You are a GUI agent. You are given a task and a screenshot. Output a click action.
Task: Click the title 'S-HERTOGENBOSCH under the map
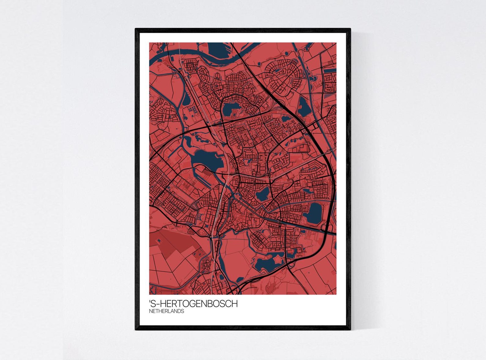[193, 304]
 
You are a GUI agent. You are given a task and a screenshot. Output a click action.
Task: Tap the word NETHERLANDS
[166, 311]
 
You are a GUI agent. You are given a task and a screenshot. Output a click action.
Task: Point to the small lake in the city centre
[262, 193]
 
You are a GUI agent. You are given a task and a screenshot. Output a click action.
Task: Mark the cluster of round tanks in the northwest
[193, 110]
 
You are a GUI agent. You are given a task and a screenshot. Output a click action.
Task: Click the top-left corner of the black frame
[136, 29]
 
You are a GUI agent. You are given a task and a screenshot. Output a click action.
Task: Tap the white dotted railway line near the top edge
[180, 55]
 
